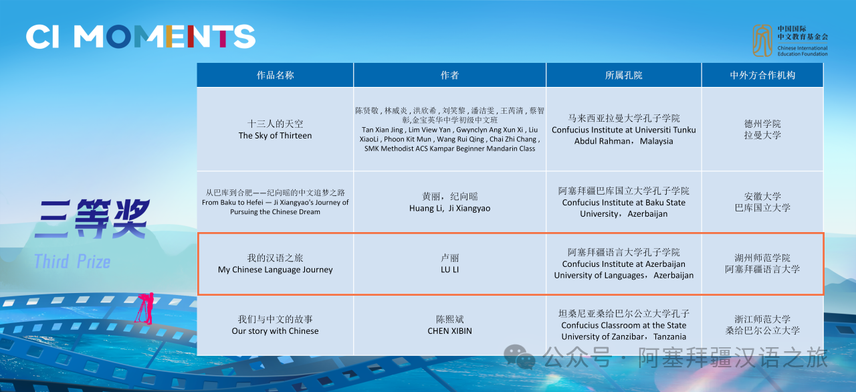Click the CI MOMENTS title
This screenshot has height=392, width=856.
(140, 37)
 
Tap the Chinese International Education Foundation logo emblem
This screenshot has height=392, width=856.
(762, 41)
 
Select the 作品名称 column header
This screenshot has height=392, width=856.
(275, 76)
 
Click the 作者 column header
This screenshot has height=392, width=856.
(449, 76)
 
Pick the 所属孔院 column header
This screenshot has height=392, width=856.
(624, 76)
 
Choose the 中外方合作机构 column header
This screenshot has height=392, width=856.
(762, 76)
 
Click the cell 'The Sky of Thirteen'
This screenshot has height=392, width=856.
(275, 130)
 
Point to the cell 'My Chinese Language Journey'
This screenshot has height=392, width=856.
(275, 264)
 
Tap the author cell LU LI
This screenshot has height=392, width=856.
(449, 264)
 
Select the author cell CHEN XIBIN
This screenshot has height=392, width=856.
(449, 324)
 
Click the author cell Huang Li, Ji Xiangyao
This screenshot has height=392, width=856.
(449, 202)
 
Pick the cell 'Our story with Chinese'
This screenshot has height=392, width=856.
(275, 324)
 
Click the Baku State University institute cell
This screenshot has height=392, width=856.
(624, 202)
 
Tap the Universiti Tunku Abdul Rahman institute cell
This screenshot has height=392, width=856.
(624, 130)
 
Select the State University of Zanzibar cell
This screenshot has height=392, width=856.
(624, 324)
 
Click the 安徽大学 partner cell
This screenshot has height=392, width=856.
(762, 202)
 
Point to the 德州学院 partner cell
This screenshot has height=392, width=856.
(762, 130)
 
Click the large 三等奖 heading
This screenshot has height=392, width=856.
(91, 219)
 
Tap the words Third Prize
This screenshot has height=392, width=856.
(72, 262)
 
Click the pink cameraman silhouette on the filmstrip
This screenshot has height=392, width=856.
(145, 308)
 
